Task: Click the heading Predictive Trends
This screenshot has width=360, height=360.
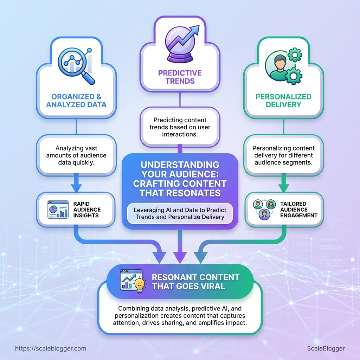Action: click(x=180, y=77)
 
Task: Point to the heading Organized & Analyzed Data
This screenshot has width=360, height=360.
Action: click(x=77, y=100)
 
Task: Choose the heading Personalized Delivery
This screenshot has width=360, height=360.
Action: click(x=283, y=100)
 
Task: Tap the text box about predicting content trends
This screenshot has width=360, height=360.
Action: click(x=180, y=127)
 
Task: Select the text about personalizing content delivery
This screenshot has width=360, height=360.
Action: click(x=283, y=155)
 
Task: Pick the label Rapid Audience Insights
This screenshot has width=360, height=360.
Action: click(x=87, y=210)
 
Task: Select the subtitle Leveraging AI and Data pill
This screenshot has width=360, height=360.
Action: click(x=180, y=213)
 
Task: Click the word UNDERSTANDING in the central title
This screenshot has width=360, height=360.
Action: click(x=180, y=165)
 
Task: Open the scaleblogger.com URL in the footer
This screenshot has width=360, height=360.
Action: click(x=51, y=348)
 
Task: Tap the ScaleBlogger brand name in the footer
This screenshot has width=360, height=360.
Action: click(x=326, y=348)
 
